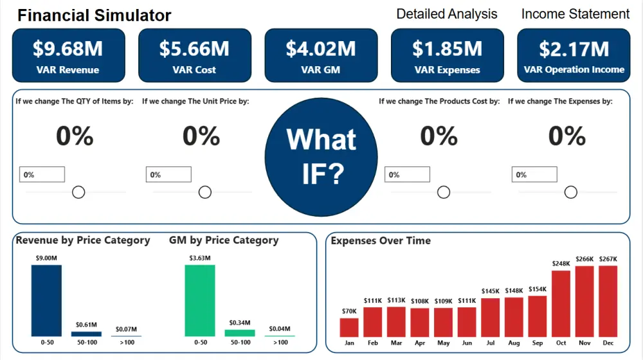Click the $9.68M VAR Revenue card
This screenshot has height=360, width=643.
68,56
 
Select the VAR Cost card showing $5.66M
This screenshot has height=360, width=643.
194,56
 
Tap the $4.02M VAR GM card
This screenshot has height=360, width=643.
321,56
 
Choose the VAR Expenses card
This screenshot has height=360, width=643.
447,56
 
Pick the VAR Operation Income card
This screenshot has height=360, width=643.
574,56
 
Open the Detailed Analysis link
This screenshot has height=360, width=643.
447,14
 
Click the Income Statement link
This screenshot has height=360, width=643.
575,14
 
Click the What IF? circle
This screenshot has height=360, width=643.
321,156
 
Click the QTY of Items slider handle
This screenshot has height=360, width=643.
78,192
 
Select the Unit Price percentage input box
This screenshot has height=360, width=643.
168,174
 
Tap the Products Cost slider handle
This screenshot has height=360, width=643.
444,192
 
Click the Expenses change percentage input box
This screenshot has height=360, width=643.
534,174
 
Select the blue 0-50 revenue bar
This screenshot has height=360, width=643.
46,300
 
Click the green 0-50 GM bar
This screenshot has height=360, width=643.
200,300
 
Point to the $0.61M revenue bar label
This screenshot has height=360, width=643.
86,325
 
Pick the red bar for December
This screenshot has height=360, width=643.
608,301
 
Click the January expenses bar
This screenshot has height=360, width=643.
349,327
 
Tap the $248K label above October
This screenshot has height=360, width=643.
561,264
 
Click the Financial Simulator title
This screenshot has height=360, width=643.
95,15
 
